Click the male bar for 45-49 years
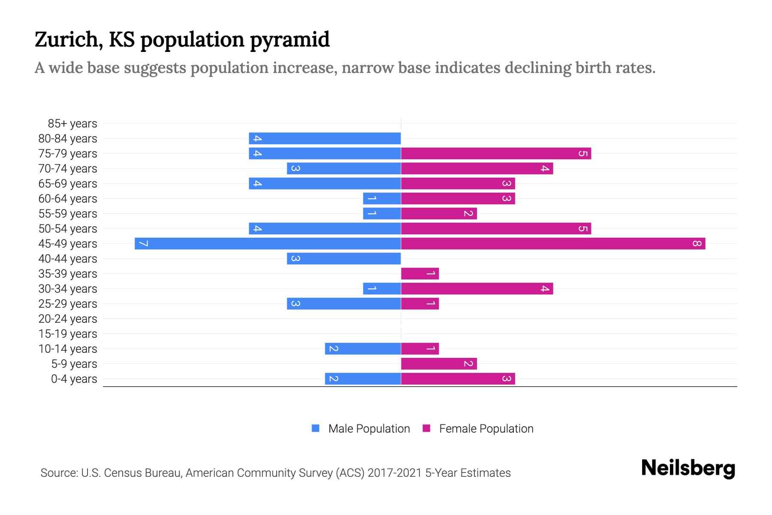268,243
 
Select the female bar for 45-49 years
553,243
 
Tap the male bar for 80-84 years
325,138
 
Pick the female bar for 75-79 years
496,153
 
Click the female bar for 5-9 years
439,364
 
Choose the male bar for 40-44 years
344,258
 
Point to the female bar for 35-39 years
420,273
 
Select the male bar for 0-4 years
363,379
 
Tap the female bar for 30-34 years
477,288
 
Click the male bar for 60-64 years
382,198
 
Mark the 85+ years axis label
72,124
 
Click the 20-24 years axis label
68,319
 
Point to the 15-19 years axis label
68,334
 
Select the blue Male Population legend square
316,428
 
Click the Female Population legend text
486,428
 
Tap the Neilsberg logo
688,468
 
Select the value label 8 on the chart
697,243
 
